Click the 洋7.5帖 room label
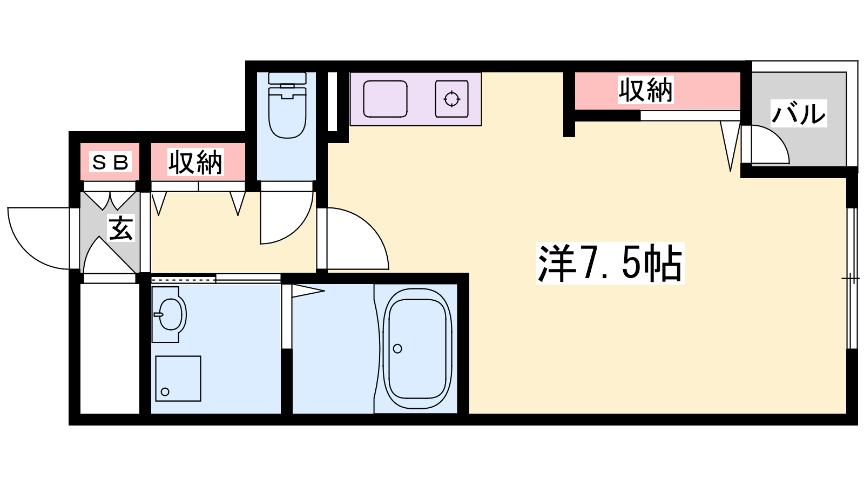coord(610,263)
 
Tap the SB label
coord(110,162)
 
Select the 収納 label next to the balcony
coord(646,90)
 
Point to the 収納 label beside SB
coord(195,162)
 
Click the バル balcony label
coord(799,113)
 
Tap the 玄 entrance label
coord(121,228)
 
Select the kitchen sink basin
coord(385,99)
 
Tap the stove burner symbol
coord(451,99)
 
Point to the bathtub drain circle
coord(397,349)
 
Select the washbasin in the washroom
coord(170,315)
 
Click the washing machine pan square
coord(178,379)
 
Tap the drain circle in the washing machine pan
coord(165,392)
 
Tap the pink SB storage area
coord(110,161)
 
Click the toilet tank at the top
coord(287,78)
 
